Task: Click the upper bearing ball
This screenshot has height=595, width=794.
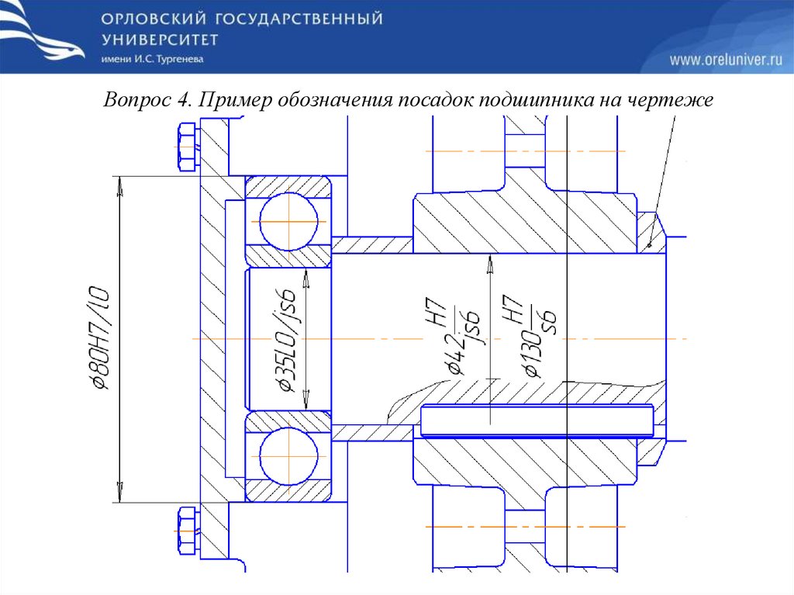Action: click(x=288, y=220)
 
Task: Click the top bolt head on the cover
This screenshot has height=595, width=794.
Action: click(x=187, y=147)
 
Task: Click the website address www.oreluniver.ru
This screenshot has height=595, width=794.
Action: click(x=726, y=59)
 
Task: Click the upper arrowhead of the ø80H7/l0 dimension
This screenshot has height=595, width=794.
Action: click(x=119, y=183)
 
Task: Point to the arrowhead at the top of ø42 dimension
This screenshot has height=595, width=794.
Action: click(x=489, y=264)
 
